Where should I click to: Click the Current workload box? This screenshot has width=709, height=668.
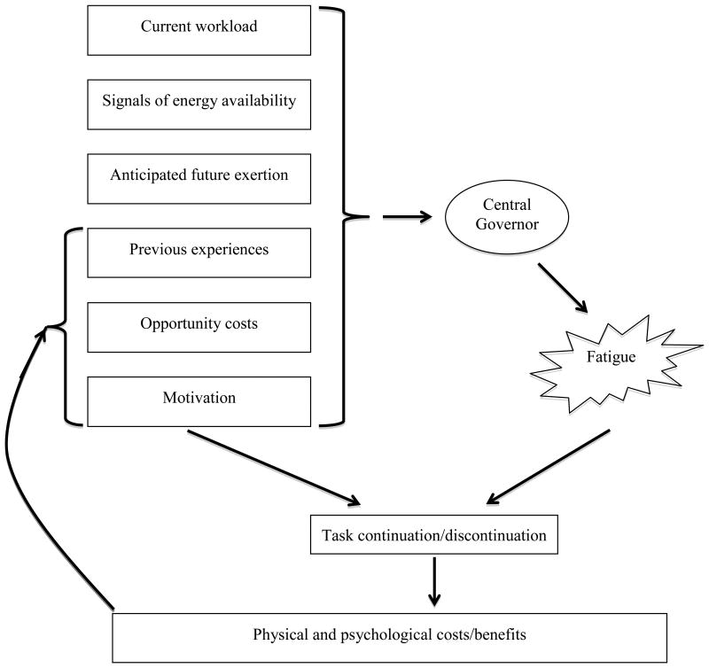pyautogui.click(x=199, y=27)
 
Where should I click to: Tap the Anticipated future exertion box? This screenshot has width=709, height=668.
pyautogui.click(x=199, y=175)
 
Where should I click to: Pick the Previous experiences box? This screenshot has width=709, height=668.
pyautogui.click(x=199, y=251)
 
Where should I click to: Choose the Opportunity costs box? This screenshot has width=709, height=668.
pyautogui.click(x=199, y=325)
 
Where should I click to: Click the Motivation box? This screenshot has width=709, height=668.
pyautogui.click(x=199, y=399)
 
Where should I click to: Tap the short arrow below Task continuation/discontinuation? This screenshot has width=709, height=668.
pyautogui.click(x=432, y=582)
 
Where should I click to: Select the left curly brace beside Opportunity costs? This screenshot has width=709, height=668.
pyautogui.click(x=59, y=325)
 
